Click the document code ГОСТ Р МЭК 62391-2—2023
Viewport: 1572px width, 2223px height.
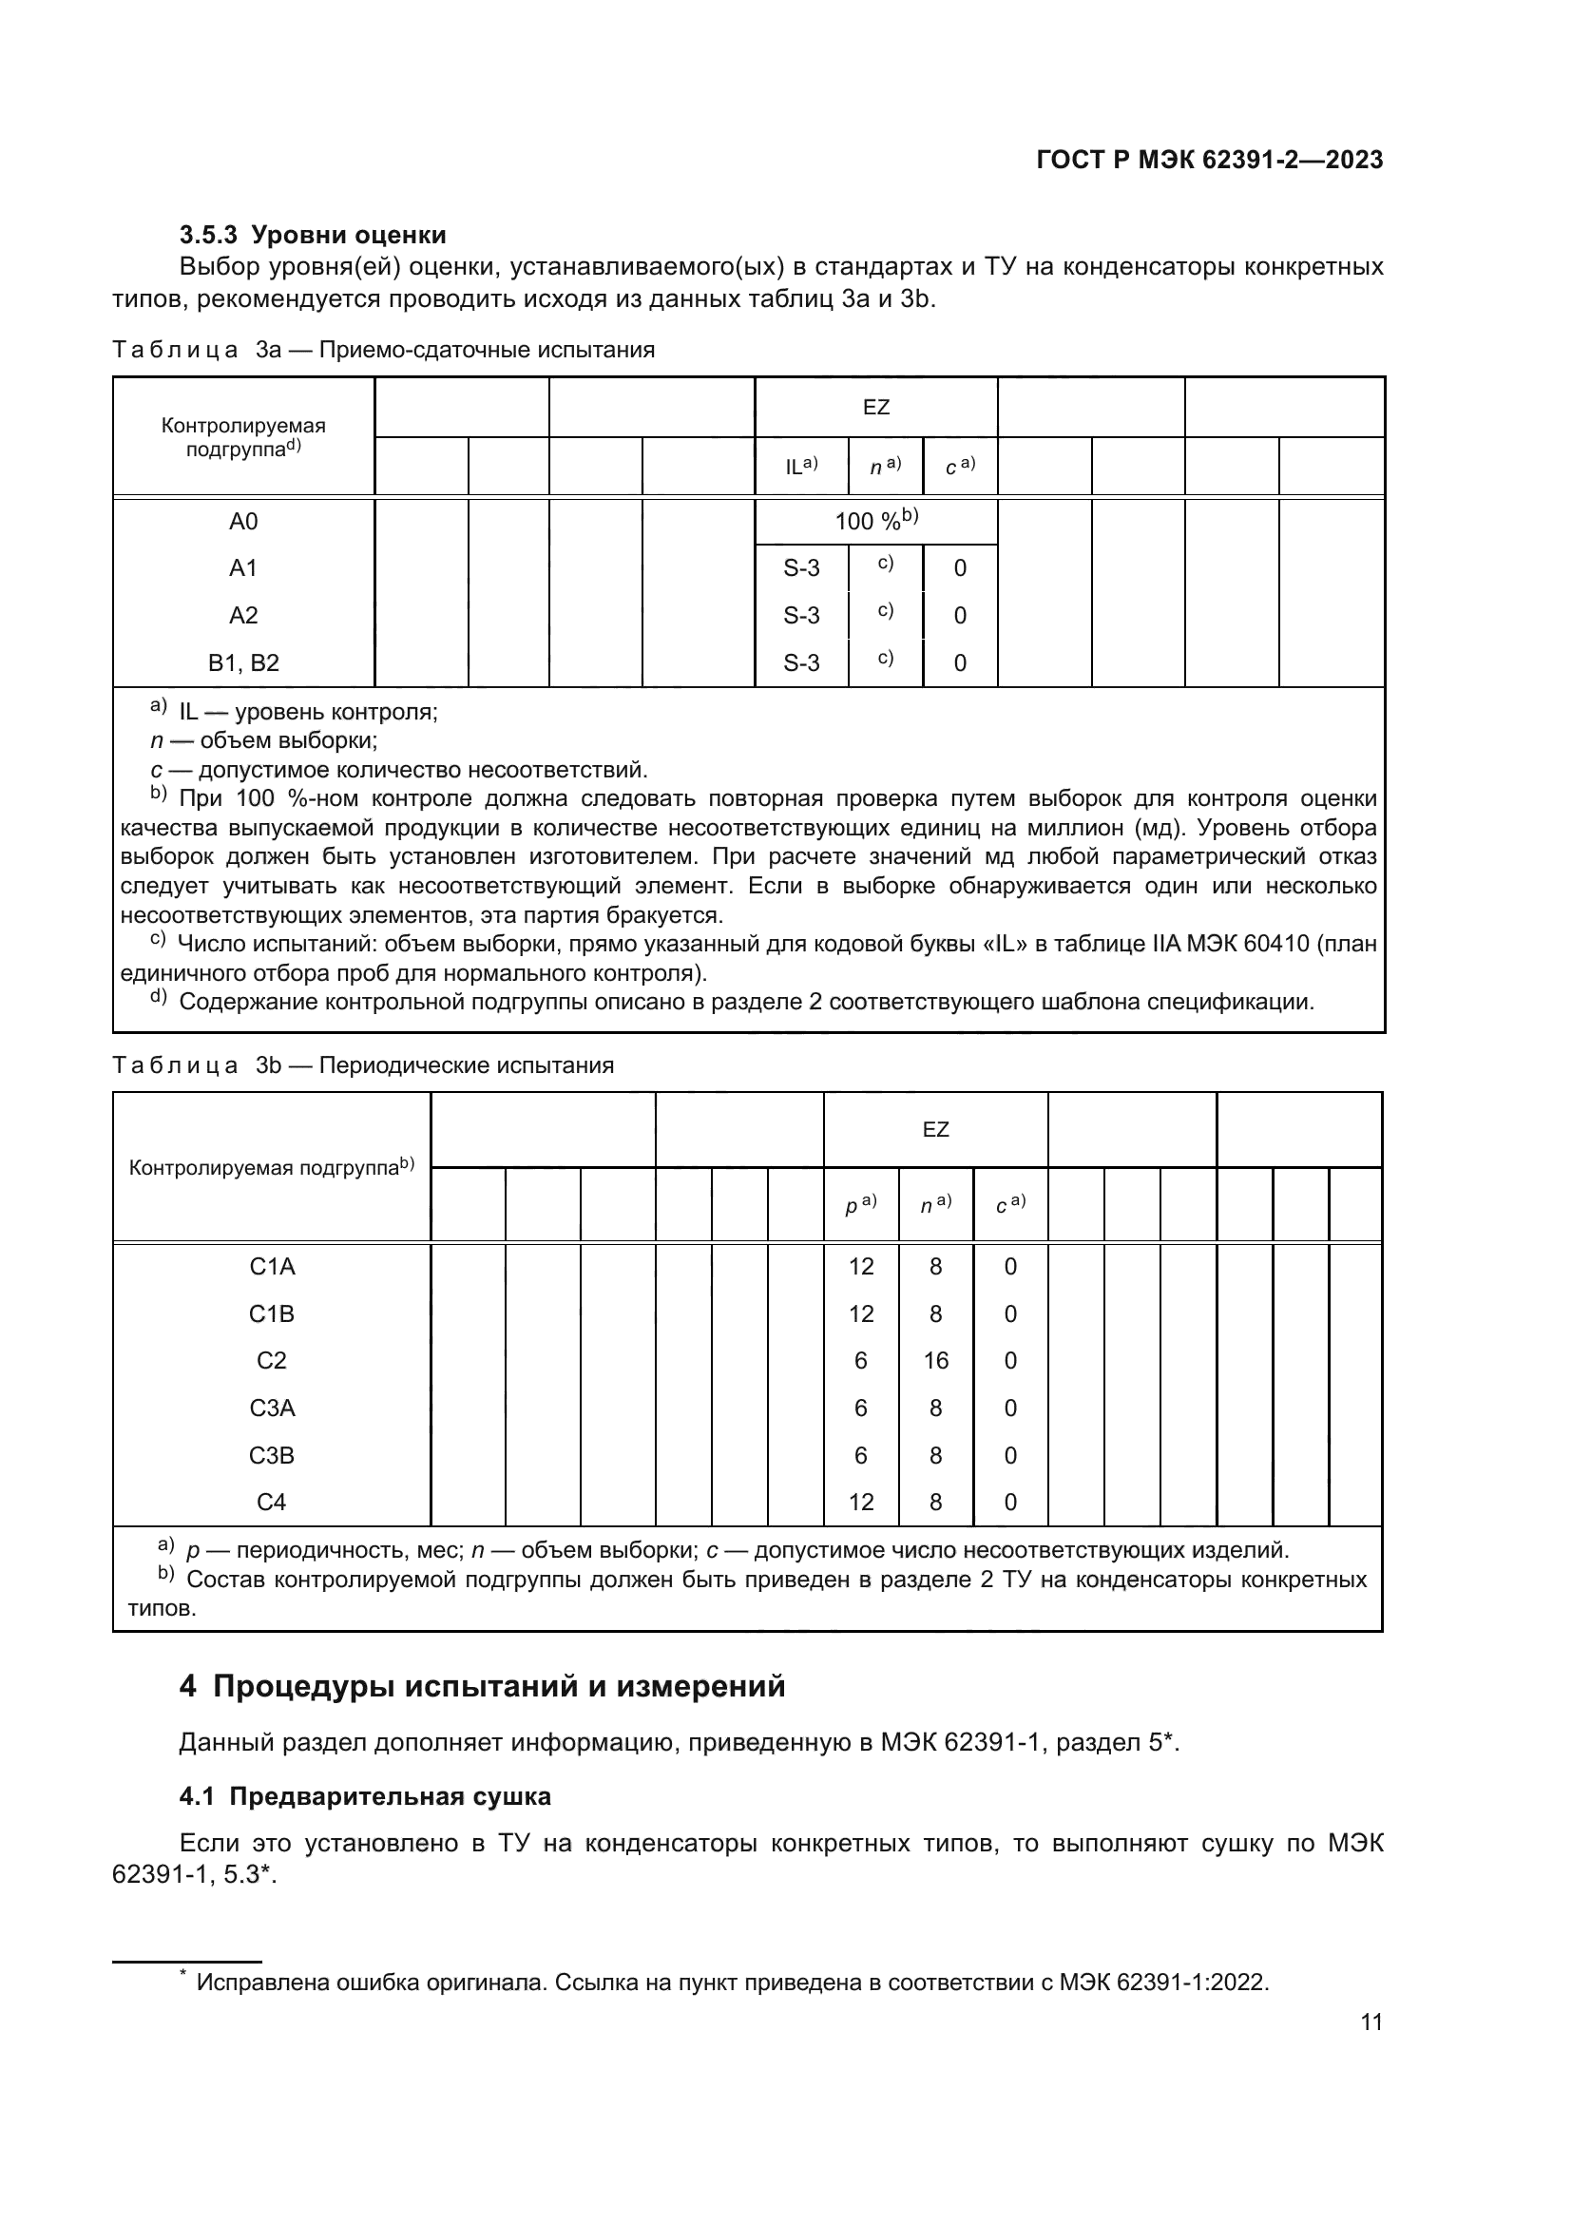pos(1209,160)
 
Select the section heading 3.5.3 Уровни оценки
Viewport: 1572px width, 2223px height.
pos(313,235)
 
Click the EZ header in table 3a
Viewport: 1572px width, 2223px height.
pos(875,408)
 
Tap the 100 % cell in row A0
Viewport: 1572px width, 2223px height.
pos(875,521)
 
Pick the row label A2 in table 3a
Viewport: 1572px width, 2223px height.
pos(243,616)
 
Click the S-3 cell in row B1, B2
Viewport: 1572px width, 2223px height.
pos(800,663)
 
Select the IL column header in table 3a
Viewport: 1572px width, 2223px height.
pos(800,466)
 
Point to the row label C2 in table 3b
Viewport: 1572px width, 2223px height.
pos(271,1360)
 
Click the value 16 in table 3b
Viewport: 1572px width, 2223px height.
pos(935,1360)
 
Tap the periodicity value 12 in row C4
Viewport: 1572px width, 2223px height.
pos(860,1502)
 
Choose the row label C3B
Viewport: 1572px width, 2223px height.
pos(271,1455)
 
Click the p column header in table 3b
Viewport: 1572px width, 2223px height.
pos(859,1204)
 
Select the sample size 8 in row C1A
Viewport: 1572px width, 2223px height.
pos(935,1266)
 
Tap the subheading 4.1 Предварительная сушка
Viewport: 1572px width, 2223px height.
pos(365,1796)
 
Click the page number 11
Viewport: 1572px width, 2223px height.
pos(1371,2022)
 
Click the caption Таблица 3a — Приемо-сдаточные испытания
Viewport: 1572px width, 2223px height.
pos(383,350)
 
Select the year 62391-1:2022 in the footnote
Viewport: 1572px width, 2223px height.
pos(1192,1982)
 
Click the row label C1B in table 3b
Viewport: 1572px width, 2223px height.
pos(271,1313)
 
